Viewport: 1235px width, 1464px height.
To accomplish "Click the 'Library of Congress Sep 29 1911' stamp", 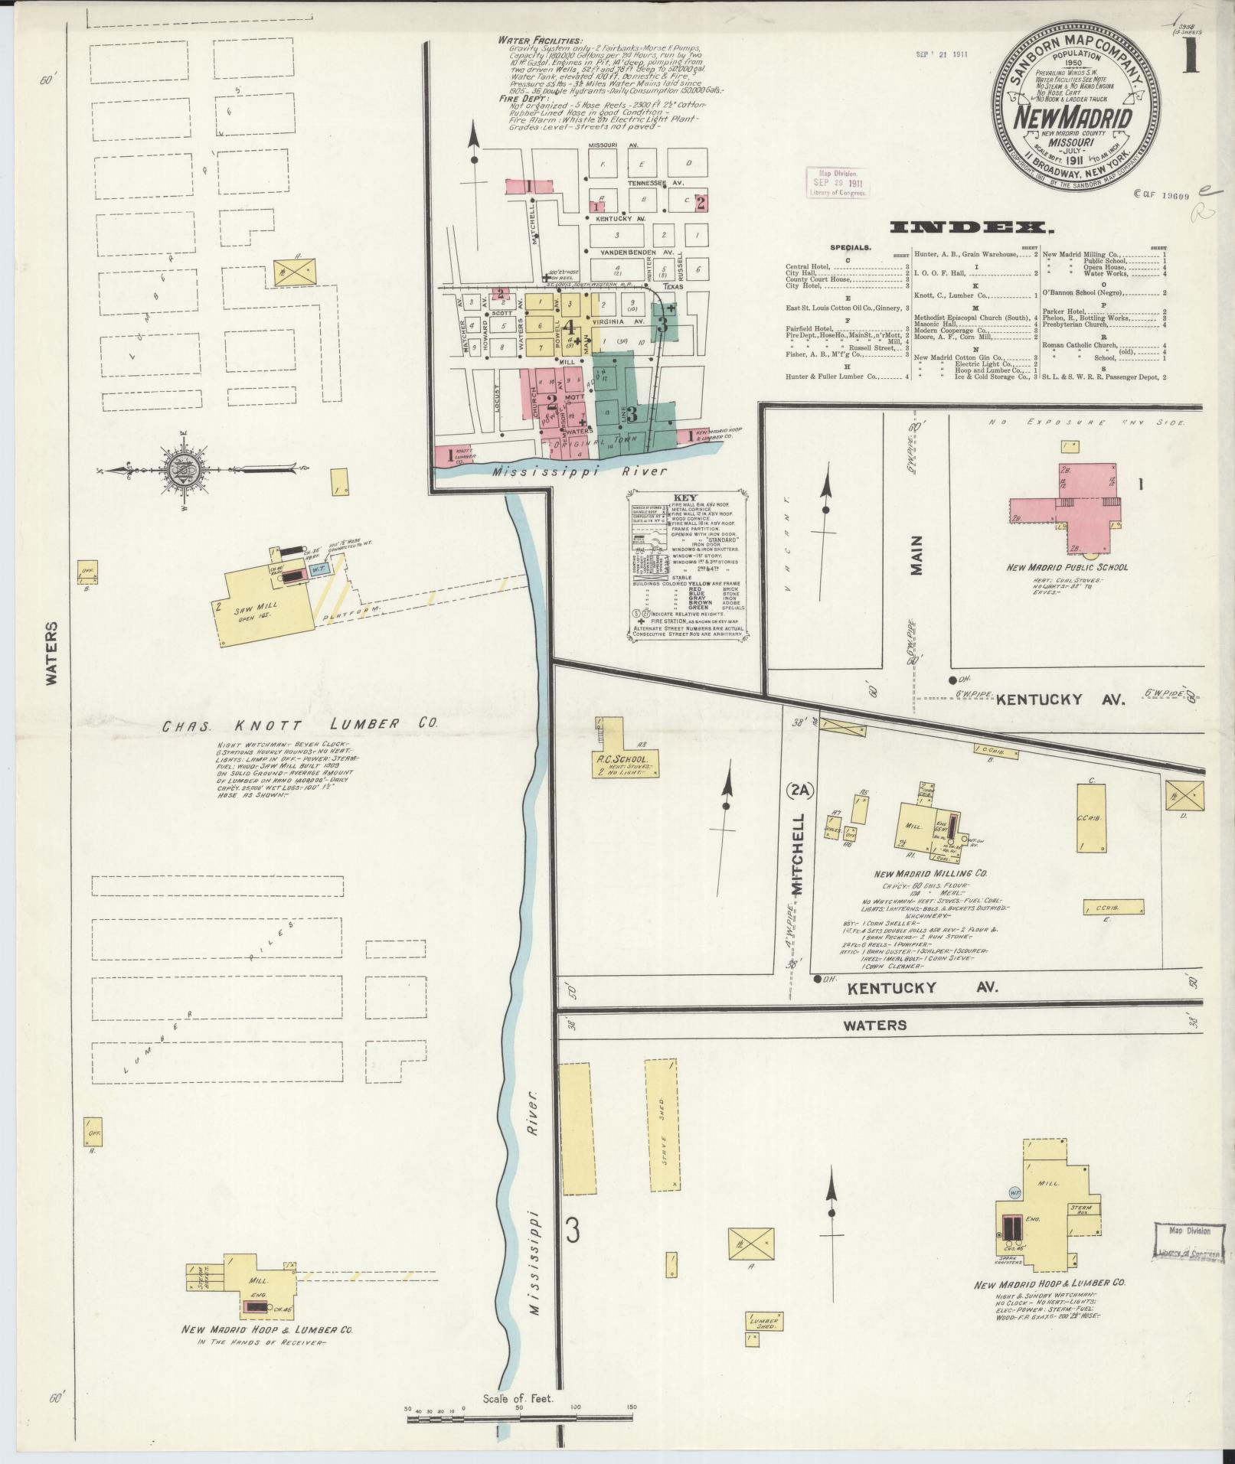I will click(838, 182).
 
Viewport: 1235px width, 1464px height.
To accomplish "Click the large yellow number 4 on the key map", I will click(568, 327).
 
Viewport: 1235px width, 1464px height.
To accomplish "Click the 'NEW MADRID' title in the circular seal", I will click(1074, 119).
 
